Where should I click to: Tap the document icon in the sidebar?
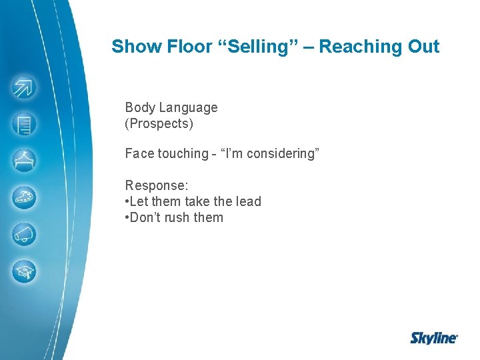click(x=25, y=124)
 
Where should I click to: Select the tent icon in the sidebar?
click(x=25, y=161)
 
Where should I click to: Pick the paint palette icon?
click(x=25, y=197)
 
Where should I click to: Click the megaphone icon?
click(x=25, y=235)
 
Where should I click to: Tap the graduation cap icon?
click(x=25, y=271)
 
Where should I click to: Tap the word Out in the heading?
click(x=425, y=47)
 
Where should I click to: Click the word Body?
click(x=139, y=107)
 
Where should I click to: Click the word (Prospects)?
click(x=159, y=123)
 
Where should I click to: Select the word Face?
click(x=139, y=153)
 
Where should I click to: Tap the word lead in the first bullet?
click(x=247, y=201)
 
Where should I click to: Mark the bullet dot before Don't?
click(x=127, y=217)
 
